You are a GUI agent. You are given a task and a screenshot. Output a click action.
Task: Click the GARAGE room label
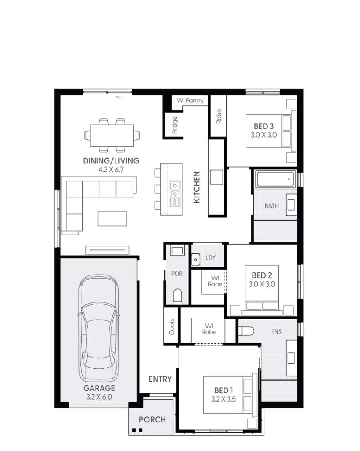click(x=99, y=388)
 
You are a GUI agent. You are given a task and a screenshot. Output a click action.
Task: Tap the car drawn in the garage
click(x=99, y=328)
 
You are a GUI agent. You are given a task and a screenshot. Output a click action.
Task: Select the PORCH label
click(x=152, y=419)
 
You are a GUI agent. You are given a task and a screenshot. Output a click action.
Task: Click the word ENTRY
click(x=160, y=379)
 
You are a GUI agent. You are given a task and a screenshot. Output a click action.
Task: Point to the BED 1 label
click(x=223, y=390)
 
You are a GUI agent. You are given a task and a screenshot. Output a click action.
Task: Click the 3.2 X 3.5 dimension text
click(x=223, y=399)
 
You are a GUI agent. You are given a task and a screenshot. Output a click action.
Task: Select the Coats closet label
click(x=171, y=326)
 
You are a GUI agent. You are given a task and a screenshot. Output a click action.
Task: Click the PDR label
click(x=176, y=274)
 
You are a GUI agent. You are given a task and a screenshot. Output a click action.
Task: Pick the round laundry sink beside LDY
click(x=195, y=260)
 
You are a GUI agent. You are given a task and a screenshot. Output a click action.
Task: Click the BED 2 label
click(x=261, y=275)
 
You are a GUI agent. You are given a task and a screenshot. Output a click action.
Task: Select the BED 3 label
click(x=264, y=126)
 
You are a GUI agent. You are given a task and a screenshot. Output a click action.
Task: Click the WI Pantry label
click(x=190, y=100)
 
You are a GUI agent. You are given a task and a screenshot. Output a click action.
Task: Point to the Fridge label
click(x=175, y=125)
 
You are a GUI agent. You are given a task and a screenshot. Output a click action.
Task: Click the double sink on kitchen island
click(x=174, y=189)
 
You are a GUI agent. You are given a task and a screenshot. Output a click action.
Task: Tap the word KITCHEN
click(x=196, y=187)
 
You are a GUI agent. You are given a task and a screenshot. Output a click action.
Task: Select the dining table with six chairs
click(x=112, y=135)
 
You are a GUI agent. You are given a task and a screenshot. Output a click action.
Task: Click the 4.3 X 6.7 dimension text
click(x=111, y=169)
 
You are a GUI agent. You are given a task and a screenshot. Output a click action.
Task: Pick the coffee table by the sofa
click(x=112, y=218)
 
